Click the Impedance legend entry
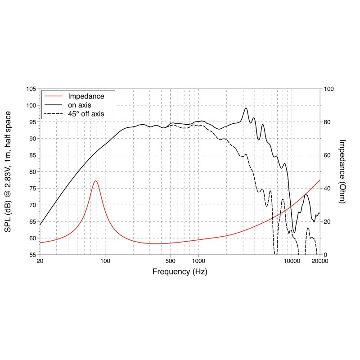click(86, 96)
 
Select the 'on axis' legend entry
click(79, 105)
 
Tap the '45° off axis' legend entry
click(86, 114)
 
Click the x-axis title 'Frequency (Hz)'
click(180, 272)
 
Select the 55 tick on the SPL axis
click(32, 255)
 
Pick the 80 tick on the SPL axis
click(32, 172)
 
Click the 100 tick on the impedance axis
click(329, 89)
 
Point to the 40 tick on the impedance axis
click(328, 189)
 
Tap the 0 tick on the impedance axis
click(326, 255)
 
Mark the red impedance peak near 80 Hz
click(95, 181)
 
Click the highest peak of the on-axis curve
click(246, 108)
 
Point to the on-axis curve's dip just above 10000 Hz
click(294, 232)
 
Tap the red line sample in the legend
click(52, 96)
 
